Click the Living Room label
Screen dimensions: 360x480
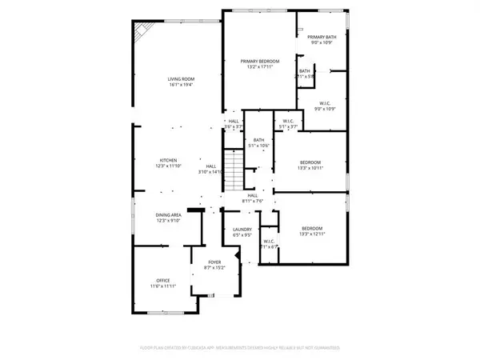tap(181, 78)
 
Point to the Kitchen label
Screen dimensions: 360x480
tap(168, 161)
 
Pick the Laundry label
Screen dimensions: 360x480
tap(242, 233)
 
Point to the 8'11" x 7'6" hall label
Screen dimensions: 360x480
tap(253, 198)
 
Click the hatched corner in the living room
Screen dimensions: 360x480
tap(142, 34)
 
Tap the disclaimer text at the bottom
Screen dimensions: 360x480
tap(240, 348)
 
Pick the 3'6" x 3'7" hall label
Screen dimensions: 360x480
tap(233, 124)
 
